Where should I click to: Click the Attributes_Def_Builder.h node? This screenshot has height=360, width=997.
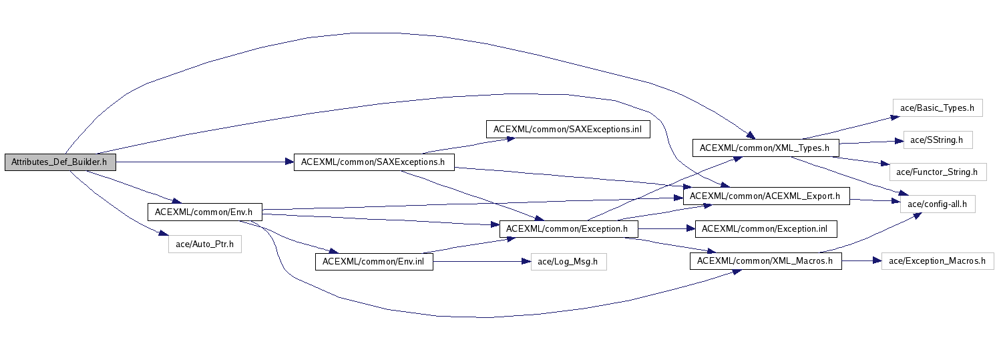59,162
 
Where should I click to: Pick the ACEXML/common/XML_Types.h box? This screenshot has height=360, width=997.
765,148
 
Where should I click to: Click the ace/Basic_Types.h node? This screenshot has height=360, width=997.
937,108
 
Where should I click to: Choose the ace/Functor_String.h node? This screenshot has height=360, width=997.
937,172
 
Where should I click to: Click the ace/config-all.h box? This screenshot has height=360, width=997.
938,204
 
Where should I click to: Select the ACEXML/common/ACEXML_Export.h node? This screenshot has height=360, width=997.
765,196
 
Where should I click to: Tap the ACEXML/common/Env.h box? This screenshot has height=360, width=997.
204,212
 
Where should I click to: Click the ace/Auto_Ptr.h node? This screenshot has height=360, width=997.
204,244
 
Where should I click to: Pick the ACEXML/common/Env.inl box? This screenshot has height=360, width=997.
373,261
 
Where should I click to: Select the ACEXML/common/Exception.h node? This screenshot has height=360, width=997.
568,228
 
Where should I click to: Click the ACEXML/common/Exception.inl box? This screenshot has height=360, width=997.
765,228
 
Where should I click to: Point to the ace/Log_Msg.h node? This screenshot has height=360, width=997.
568,261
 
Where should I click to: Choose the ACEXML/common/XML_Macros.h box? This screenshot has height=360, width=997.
765,261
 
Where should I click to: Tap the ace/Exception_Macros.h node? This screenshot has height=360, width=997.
937,261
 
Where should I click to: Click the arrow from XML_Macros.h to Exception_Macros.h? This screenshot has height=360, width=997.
861,261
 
